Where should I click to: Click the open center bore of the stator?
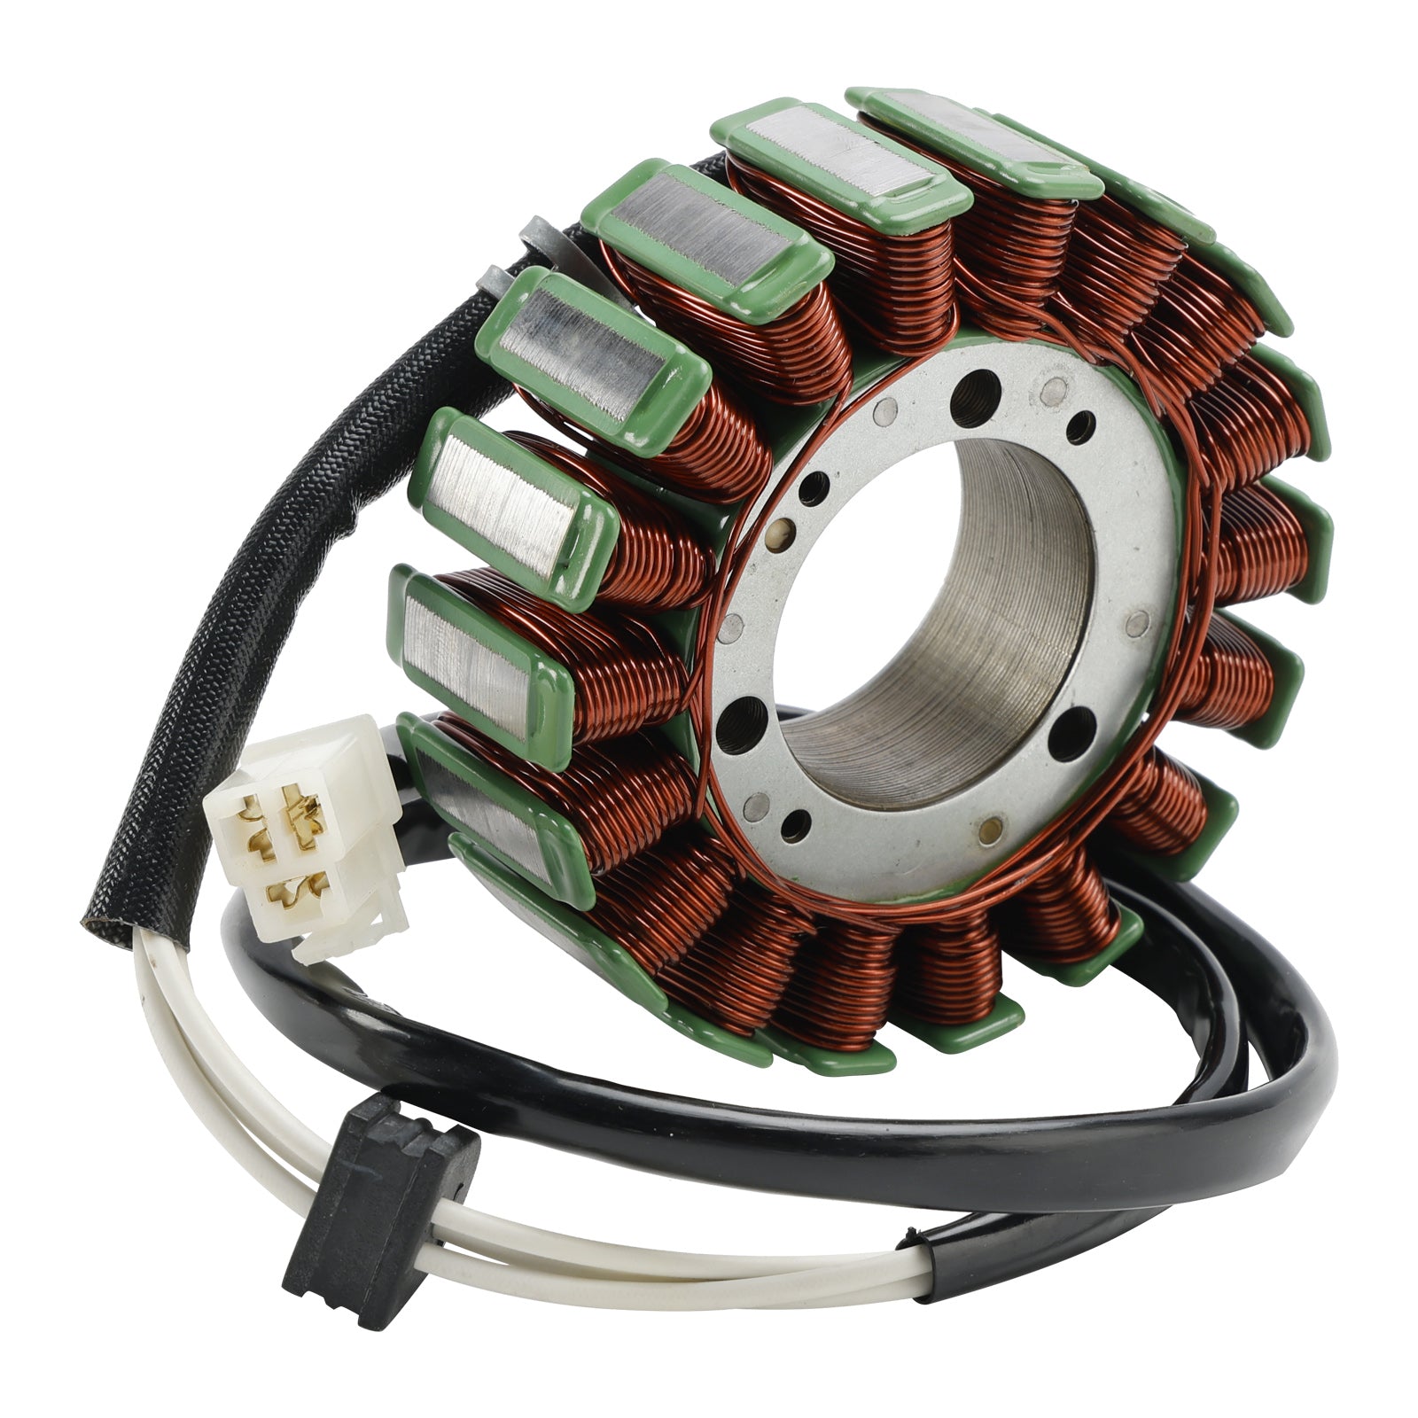pyautogui.click(x=931, y=603)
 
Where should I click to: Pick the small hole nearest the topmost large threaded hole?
pyautogui.click(x=1054, y=387)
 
